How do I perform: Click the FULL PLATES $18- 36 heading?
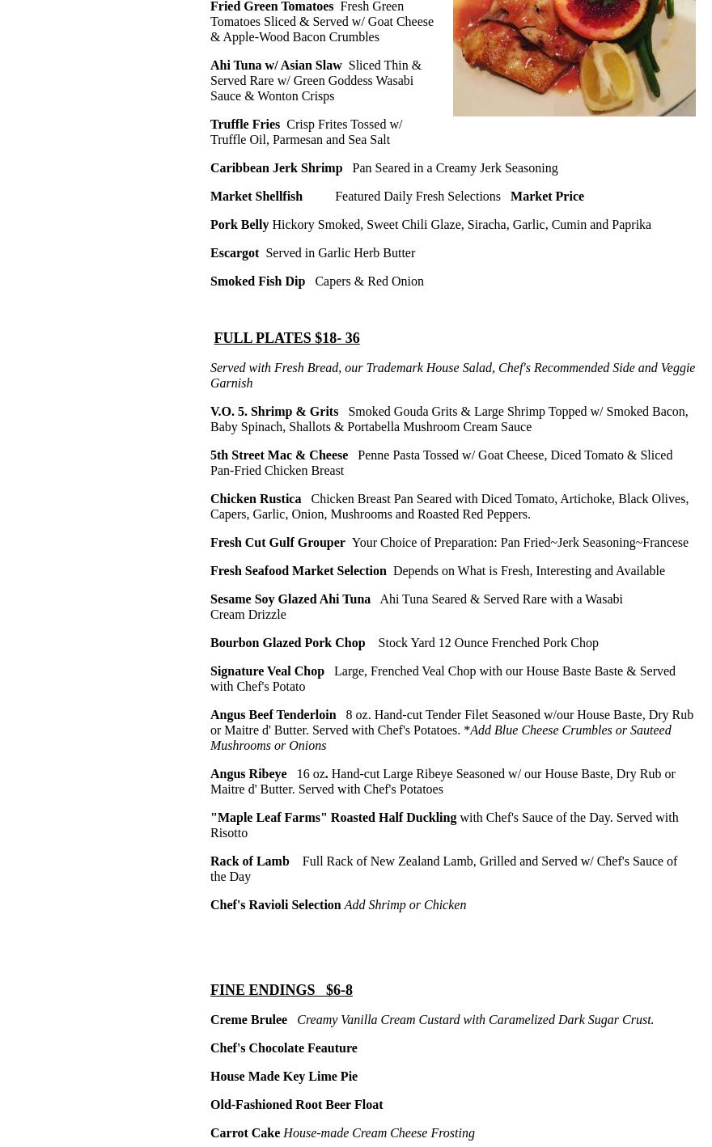point(286,338)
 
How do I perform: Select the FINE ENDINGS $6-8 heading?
point(282,990)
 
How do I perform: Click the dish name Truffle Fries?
point(245,125)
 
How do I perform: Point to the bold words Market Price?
point(547,197)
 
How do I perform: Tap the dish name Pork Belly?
point(239,225)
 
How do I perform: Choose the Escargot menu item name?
point(235,253)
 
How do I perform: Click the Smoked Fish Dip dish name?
point(257,281)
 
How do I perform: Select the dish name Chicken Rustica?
point(256,499)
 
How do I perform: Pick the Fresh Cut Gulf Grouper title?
point(278,543)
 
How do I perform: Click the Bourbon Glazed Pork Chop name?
point(287,643)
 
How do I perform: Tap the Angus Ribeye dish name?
point(248,774)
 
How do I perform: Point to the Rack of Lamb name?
point(249,861)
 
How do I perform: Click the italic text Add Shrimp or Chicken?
point(405,905)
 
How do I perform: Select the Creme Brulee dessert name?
point(248,1020)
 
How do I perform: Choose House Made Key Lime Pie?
point(284,1077)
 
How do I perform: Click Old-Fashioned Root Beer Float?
point(296,1105)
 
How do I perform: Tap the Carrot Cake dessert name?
point(245,1133)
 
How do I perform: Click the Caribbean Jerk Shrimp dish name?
point(276,168)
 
